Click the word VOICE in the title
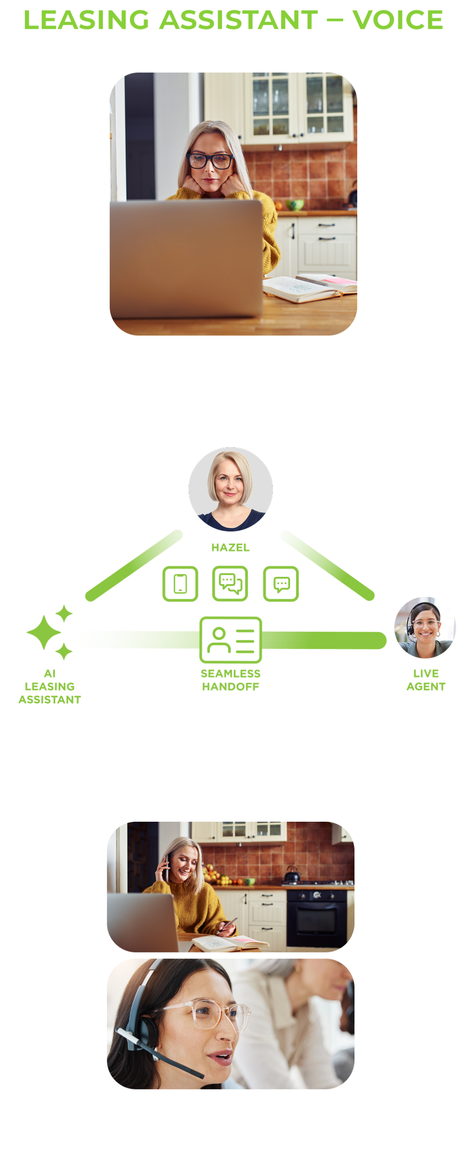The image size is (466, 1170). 397,20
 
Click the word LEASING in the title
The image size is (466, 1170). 86,20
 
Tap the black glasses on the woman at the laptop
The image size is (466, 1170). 210,160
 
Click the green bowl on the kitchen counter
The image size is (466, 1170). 295,204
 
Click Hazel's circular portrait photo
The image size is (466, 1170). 230,489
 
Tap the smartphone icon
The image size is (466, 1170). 180,584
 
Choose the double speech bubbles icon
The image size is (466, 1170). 230,584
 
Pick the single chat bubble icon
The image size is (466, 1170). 281,584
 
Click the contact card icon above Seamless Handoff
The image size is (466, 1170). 231,640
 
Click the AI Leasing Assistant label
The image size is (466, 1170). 50,686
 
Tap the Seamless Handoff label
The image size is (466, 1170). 231,680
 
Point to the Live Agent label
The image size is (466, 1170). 426,680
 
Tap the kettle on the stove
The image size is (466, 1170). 292,874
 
